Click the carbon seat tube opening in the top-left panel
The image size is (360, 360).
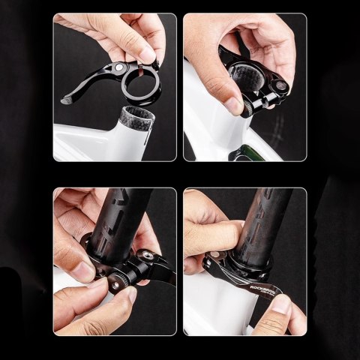coord(132,118)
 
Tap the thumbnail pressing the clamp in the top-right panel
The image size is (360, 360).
coord(235,106)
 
